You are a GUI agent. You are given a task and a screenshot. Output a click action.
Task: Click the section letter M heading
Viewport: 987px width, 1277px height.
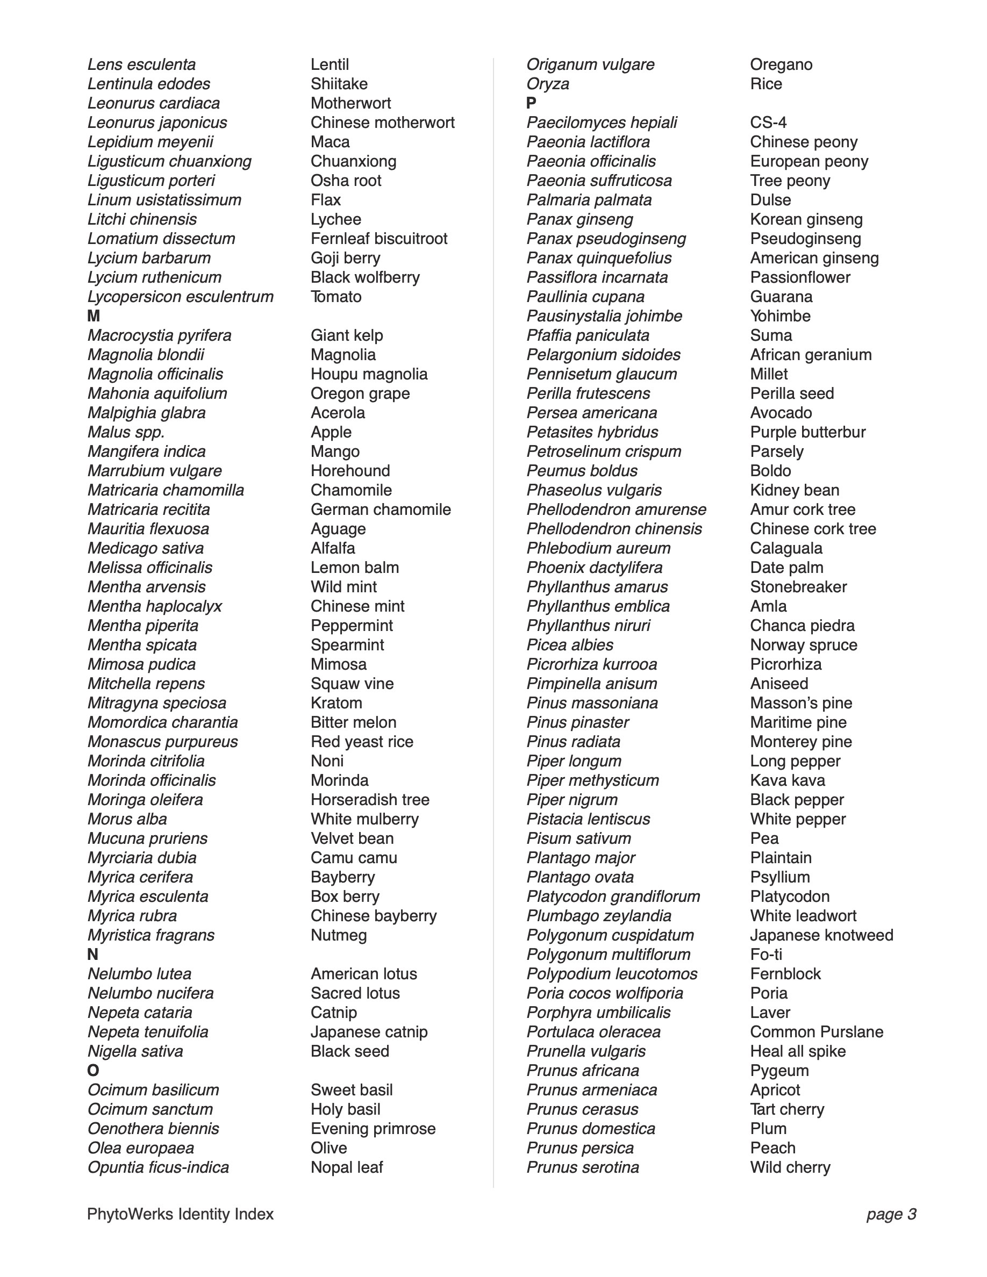(94, 317)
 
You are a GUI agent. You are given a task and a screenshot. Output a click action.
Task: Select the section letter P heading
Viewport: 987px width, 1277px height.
(531, 104)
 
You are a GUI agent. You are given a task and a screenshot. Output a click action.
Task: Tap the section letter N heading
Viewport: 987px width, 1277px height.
(93, 954)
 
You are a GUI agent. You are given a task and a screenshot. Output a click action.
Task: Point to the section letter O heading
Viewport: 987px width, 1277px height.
(94, 1070)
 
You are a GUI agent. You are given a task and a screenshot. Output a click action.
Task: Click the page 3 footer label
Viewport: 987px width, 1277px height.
(891, 1214)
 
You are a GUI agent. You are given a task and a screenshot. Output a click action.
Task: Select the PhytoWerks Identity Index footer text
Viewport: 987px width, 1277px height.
(180, 1214)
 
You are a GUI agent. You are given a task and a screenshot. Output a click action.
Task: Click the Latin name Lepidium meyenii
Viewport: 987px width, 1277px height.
(151, 142)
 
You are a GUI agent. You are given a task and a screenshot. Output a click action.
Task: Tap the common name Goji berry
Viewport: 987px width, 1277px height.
(345, 258)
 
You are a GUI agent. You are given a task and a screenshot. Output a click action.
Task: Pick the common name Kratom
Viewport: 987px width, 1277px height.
(336, 703)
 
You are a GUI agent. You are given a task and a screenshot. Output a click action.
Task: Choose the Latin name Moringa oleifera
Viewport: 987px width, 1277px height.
(145, 799)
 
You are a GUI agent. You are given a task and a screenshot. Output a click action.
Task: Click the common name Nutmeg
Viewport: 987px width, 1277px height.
(339, 935)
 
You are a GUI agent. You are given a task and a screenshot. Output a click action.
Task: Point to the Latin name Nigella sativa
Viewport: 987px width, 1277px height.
(135, 1051)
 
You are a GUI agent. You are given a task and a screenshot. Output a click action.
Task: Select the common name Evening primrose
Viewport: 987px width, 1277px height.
(373, 1128)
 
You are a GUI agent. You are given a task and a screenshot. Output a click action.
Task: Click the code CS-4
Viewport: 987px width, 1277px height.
(768, 123)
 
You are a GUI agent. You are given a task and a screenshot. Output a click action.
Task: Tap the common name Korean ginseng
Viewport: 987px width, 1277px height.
(806, 219)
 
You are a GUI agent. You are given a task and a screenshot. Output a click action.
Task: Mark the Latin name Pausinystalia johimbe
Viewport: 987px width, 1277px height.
(604, 317)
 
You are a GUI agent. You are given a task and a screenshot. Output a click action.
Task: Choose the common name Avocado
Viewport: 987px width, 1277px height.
(781, 413)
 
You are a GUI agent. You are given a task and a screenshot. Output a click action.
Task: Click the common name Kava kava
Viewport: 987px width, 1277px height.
(788, 780)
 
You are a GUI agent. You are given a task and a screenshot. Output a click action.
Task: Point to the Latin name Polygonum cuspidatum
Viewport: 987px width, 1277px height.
(610, 935)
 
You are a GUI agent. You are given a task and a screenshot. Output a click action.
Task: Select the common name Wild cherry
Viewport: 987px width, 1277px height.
(790, 1167)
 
